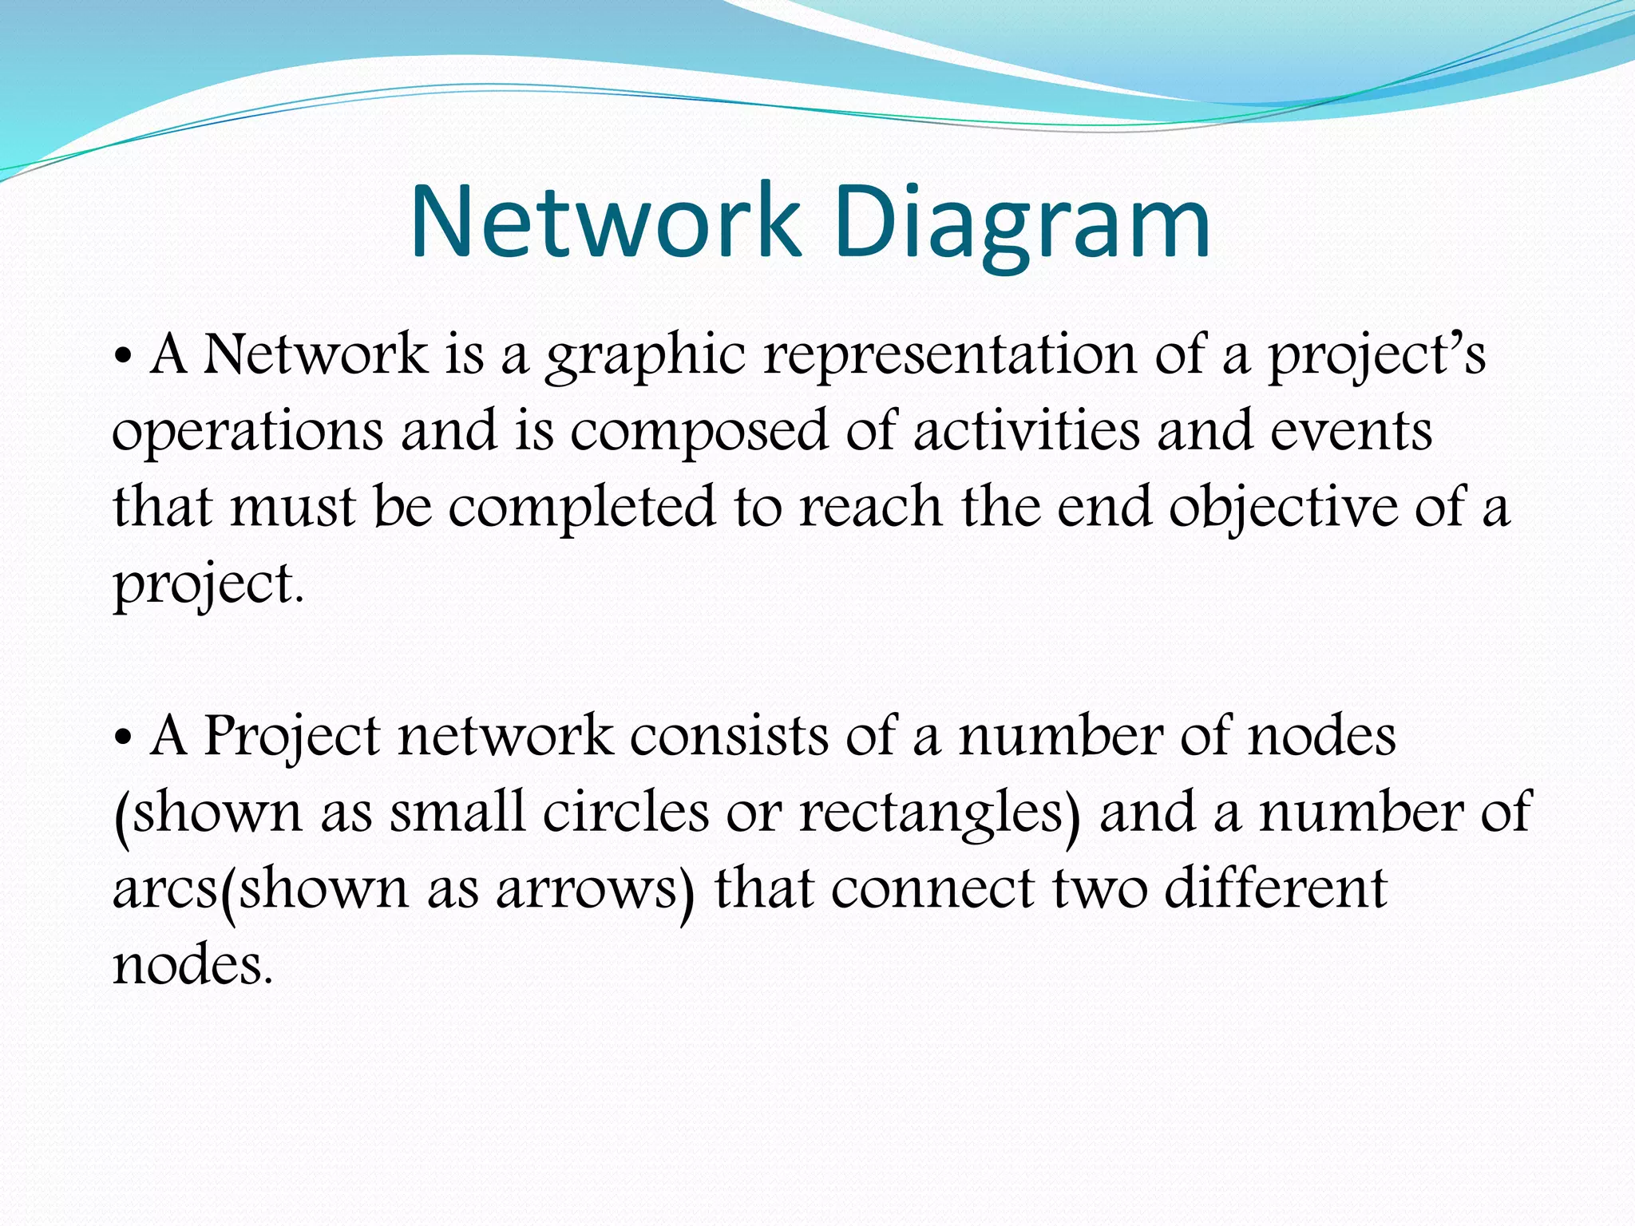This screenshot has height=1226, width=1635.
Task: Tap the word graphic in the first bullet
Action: [x=645, y=357]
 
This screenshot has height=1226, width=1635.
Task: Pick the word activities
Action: [x=1026, y=431]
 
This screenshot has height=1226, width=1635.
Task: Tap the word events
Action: [x=1351, y=431]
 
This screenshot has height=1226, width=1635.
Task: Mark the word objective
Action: [x=1283, y=508]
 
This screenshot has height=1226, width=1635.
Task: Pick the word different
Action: [x=1275, y=888]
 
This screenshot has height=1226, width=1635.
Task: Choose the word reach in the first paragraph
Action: [x=870, y=508]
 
